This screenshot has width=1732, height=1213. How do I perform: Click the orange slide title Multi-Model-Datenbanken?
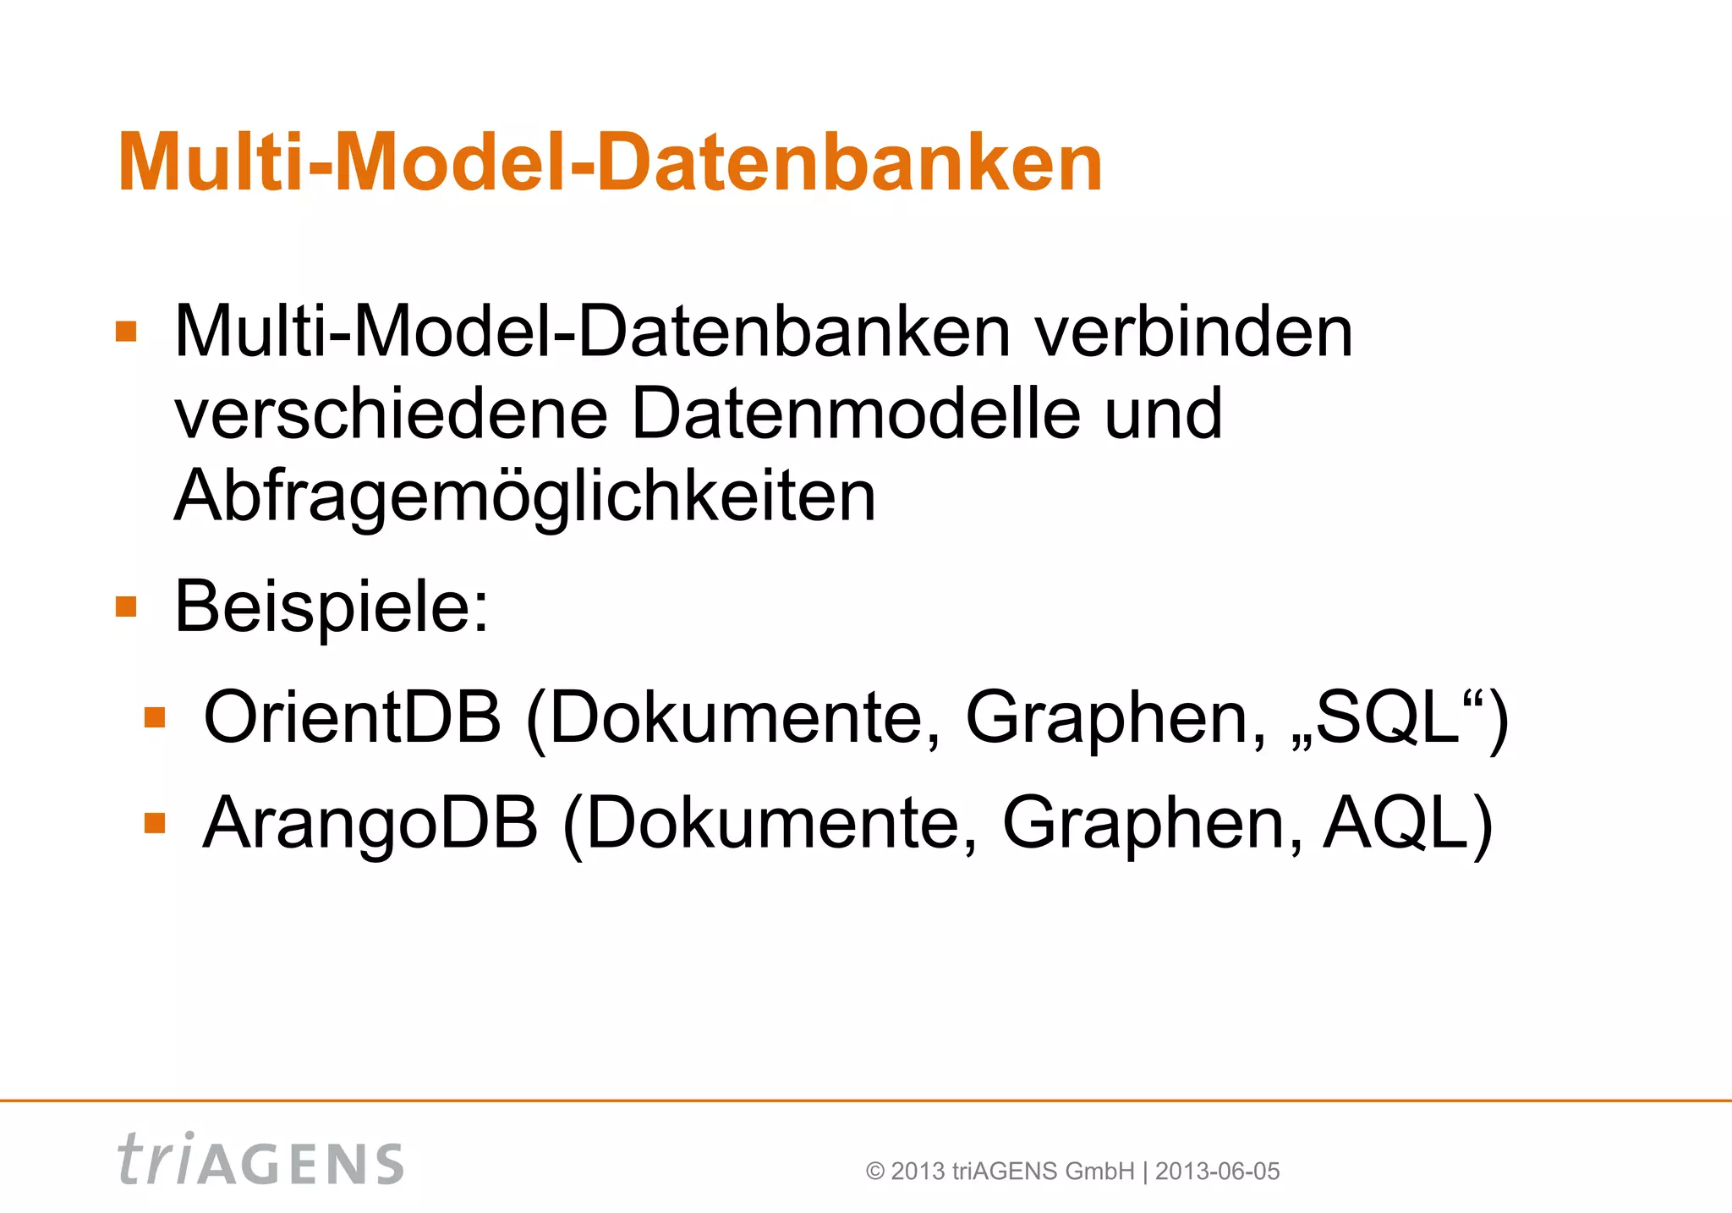pos(610,162)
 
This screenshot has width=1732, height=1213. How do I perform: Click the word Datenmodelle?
pos(855,414)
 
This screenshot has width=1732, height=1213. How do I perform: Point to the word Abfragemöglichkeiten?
pos(524,497)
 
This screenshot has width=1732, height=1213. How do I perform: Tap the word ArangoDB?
pos(370,823)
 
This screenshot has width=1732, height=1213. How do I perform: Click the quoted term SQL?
pos(1387,717)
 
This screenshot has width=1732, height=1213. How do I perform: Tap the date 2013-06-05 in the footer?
pos(1217,1172)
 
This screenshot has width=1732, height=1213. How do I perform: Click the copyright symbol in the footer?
pos(875,1172)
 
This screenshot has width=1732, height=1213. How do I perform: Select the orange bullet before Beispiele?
pos(126,606)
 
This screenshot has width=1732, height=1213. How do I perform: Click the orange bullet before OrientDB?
pos(155,718)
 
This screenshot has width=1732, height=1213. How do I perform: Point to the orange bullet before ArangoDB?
pos(155,823)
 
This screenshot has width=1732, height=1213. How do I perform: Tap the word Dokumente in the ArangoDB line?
pos(770,823)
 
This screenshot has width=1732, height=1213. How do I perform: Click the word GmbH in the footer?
pos(1099,1172)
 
